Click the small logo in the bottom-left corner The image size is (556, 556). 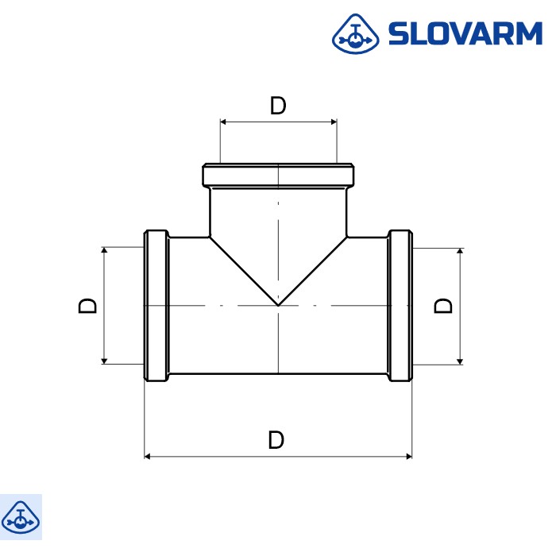pyautogui.click(x=21, y=516)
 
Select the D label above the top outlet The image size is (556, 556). pyautogui.click(x=277, y=106)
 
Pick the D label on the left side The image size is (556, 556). pyautogui.click(x=88, y=306)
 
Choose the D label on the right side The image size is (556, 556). pyautogui.click(x=445, y=306)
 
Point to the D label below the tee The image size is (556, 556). pyautogui.click(x=276, y=440)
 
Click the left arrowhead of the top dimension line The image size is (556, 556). pyautogui.click(x=224, y=122)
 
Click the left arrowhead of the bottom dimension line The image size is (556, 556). pyautogui.click(x=148, y=457)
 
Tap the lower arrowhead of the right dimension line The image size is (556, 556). pyautogui.click(x=460, y=361)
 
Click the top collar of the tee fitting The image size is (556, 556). pyautogui.click(x=278, y=175)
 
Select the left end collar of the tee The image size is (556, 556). pyautogui.click(x=156, y=306)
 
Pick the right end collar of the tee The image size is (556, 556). pyautogui.click(x=400, y=306)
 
